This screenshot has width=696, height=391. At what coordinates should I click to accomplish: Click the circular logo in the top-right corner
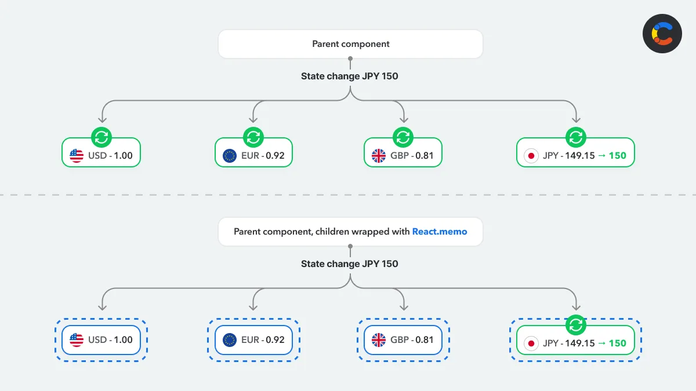662,34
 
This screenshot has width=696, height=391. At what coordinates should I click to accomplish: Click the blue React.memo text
439,231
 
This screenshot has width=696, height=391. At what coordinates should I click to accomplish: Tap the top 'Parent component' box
350,44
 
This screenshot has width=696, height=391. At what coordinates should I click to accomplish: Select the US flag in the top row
77,156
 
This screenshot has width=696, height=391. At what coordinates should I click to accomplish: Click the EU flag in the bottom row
230,340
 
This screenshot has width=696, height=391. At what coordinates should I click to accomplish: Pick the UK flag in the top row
379,156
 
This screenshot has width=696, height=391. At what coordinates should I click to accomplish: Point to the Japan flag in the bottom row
530,343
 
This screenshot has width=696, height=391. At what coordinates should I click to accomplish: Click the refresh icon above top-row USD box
101,138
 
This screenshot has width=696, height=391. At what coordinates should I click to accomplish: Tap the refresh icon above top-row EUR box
253,138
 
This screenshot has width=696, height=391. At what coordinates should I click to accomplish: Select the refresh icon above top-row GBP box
402,138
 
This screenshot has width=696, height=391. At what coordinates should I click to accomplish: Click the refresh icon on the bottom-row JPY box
575,326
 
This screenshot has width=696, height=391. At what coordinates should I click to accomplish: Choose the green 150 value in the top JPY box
617,156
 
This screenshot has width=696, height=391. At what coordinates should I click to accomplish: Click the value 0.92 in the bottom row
275,340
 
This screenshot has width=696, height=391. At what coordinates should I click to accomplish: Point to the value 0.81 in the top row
423,156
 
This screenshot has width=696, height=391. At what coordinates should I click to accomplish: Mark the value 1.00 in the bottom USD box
123,340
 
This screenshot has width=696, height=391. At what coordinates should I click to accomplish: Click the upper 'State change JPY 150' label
349,76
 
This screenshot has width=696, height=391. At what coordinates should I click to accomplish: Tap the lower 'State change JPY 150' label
349,264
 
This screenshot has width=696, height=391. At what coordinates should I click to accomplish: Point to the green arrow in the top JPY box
601,156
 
